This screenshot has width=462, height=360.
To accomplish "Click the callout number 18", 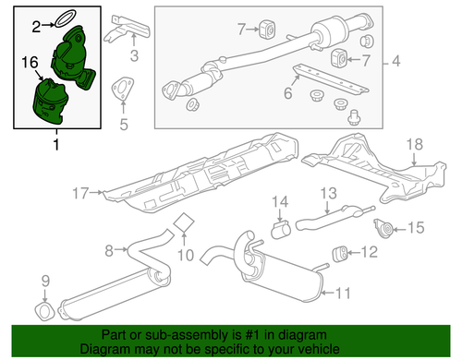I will (412, 143).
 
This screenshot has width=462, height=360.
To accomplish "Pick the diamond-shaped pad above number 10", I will (184, 222).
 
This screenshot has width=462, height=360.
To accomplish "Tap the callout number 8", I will (109, 249).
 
